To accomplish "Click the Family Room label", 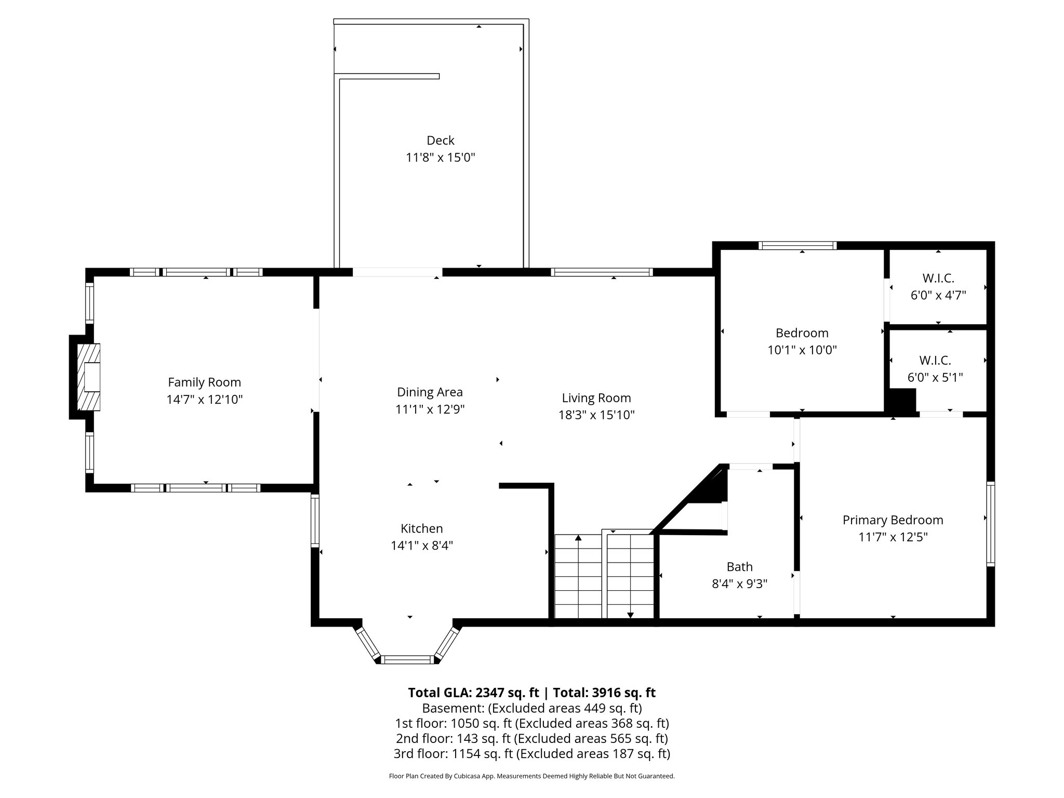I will tap(204, 382).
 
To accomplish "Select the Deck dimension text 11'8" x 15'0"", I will tap(441, 157).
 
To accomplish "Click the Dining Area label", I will tap(430, 392).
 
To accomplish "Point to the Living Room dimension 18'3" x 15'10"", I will tap(596, 415).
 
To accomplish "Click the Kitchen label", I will tap(421, 528).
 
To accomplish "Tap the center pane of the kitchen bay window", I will tap(408, 659).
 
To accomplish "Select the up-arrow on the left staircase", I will tap(578, 538).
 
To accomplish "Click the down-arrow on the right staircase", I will tap(630, 614).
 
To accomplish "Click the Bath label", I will tap(739, 567).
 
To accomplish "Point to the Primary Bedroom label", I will tap(893, 520).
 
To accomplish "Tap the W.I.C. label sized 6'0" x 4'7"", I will tap(938, 278).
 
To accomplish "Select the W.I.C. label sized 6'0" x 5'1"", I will tap(935, 360).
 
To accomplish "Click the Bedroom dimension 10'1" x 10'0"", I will tap(802, 350).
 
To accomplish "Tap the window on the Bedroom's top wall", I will tap(797, 246).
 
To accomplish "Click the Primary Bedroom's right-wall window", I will tap(990, 524).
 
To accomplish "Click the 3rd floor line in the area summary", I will tap(531, 754).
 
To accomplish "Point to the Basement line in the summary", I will tap(531, 708).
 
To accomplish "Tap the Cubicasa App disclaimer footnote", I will tap(531, 776).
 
